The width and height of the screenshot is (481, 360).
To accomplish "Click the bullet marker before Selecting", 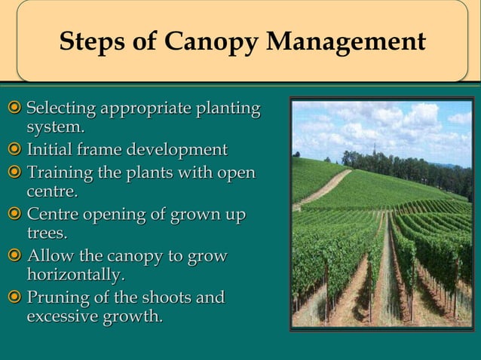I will [14, 109].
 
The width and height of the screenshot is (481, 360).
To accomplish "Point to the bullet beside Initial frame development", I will [14, 150].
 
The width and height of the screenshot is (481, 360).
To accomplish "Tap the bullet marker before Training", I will [14, 174].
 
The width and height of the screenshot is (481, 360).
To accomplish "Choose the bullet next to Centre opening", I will [14, 215].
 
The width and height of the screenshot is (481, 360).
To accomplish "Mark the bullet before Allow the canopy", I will [14, 257].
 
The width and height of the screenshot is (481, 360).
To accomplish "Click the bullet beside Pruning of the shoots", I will [14, 298].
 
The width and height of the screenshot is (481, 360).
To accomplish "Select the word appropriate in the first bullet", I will [142, 109].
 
